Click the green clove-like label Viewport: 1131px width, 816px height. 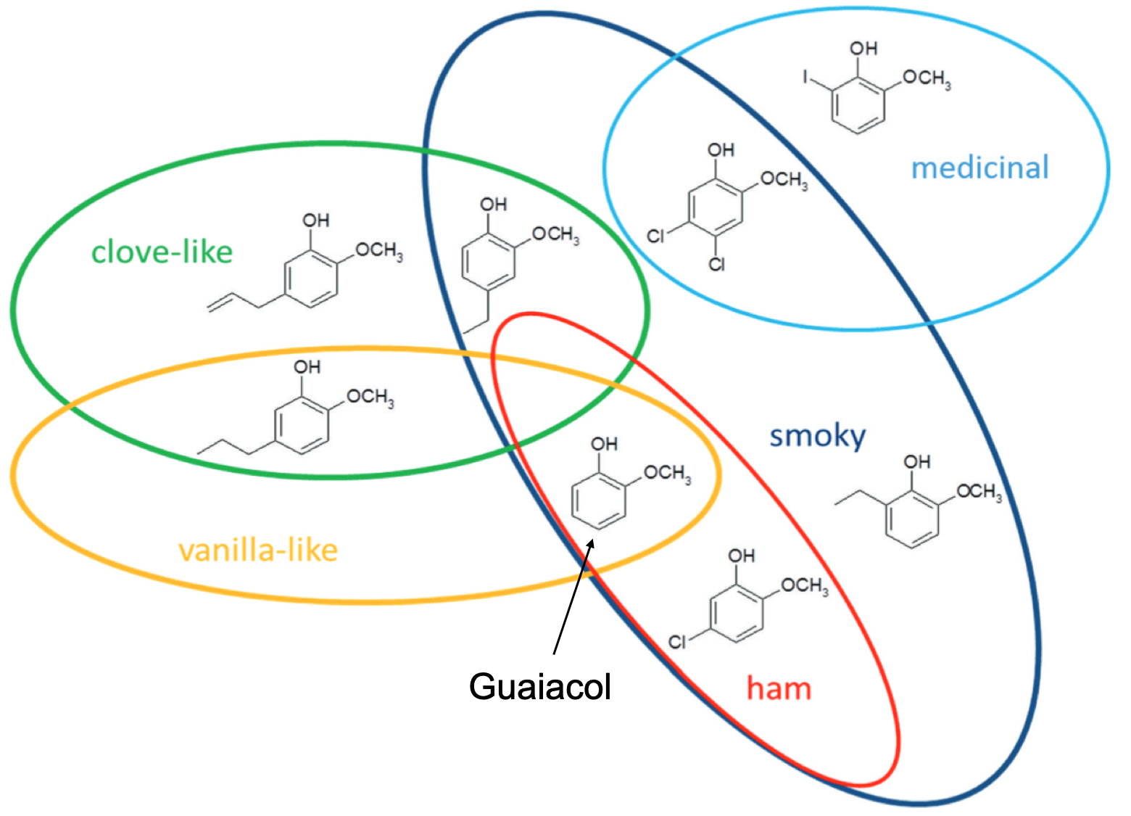[x=162, y=252]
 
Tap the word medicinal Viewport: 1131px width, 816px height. [x=979, y=168]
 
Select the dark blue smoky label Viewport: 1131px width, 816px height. [x=817, y=436]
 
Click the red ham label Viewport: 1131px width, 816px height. [x=779, y=688]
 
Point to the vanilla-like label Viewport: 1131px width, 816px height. [x=258, y=550]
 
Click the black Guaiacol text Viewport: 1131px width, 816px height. [x=540, y=686]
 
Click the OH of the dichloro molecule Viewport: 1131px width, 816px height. [x=721, y=150]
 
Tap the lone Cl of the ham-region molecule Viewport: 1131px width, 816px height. [x=676, y=642]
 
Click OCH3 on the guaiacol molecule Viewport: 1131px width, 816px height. [x=668, y=473]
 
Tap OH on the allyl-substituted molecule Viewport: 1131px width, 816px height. [x=315, y=221]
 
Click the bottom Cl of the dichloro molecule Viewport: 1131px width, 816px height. [x=716, y=264]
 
